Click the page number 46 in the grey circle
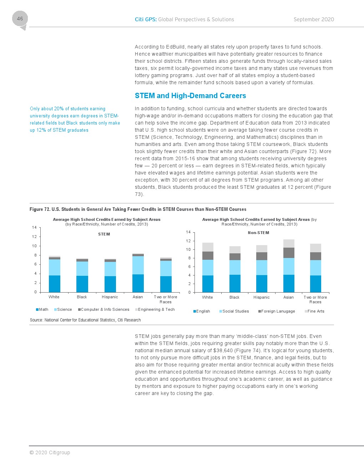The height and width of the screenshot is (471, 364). coord(20,19)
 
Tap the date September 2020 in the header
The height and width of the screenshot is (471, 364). coord(314,20)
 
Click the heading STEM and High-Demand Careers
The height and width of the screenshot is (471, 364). coord(190,96)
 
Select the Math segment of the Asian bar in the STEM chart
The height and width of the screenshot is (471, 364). coord(138,283)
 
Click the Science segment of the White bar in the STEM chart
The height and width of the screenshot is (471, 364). coord(55,267)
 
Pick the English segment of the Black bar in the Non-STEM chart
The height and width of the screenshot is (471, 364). coord(235,283)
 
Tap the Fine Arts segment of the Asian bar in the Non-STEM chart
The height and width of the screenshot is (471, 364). coord(289,243)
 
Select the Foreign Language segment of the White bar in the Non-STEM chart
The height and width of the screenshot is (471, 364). coord(208,255)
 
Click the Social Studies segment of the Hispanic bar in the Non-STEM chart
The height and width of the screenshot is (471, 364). coord(262,268)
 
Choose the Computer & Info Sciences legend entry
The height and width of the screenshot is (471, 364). coord(104,309)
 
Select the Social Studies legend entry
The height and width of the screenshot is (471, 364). coord(234,311)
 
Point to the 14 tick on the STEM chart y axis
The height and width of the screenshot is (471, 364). coord(34,227)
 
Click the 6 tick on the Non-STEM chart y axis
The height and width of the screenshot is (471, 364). coord(189,267)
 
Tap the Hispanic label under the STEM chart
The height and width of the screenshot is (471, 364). coord(110,297)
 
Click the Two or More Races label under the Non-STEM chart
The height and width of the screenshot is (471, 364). coord(315,299)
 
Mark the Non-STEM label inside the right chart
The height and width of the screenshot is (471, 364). coord(258,233)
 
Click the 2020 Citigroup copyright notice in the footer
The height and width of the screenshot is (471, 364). coord(50,452)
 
